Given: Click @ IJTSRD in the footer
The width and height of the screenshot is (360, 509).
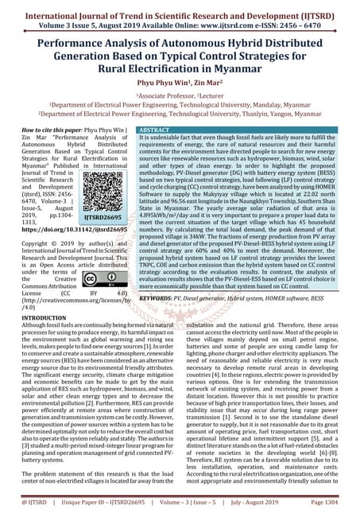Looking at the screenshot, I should point(21,503).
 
